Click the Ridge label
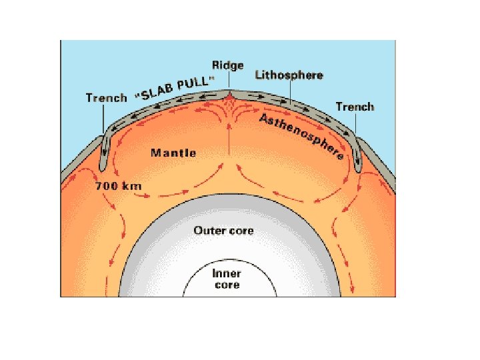(x=227, y=65)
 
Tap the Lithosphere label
(x=289, y=75)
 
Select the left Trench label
(x=106, y=98)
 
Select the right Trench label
(x=355, y=107)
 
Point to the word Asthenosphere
(x=301, y=136)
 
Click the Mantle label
(x=173, y=153)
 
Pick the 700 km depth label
(x=119, y=186)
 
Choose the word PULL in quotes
(x=197, y=81)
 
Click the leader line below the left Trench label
(x=103, y=120)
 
